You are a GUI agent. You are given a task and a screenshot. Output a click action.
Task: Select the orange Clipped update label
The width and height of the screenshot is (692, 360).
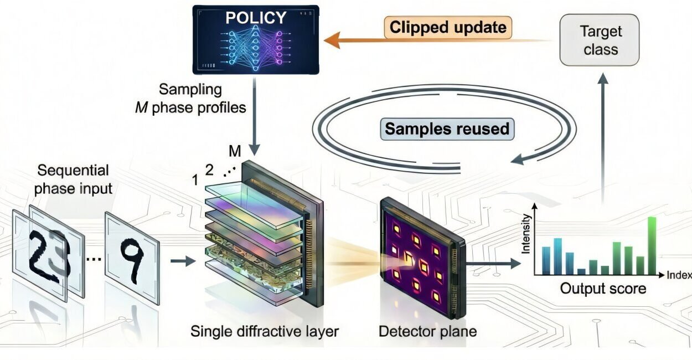tap(447, 27)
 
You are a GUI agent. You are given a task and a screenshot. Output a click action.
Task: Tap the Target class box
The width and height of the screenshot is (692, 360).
tap(600, 40)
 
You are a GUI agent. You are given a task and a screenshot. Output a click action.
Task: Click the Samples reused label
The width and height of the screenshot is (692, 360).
tap(447, 129)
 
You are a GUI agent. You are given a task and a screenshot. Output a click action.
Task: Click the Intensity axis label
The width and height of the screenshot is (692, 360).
tap(526, 235)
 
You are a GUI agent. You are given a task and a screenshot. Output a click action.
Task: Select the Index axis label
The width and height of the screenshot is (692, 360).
tap(679, 275)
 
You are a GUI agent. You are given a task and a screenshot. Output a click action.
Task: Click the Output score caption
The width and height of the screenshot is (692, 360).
tap(602, 289)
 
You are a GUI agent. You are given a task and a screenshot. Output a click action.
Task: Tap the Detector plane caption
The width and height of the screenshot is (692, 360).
tap(427, 332)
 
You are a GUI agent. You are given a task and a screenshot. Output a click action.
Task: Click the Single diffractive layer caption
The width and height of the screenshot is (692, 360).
tap(264, 332)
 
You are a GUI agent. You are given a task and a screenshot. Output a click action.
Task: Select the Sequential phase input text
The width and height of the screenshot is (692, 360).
tap(73, 179)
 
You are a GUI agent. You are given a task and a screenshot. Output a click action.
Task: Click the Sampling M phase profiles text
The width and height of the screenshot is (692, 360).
tap(190, 97)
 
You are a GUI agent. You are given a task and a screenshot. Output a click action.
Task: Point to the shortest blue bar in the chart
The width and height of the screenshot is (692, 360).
tap(581, 271)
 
